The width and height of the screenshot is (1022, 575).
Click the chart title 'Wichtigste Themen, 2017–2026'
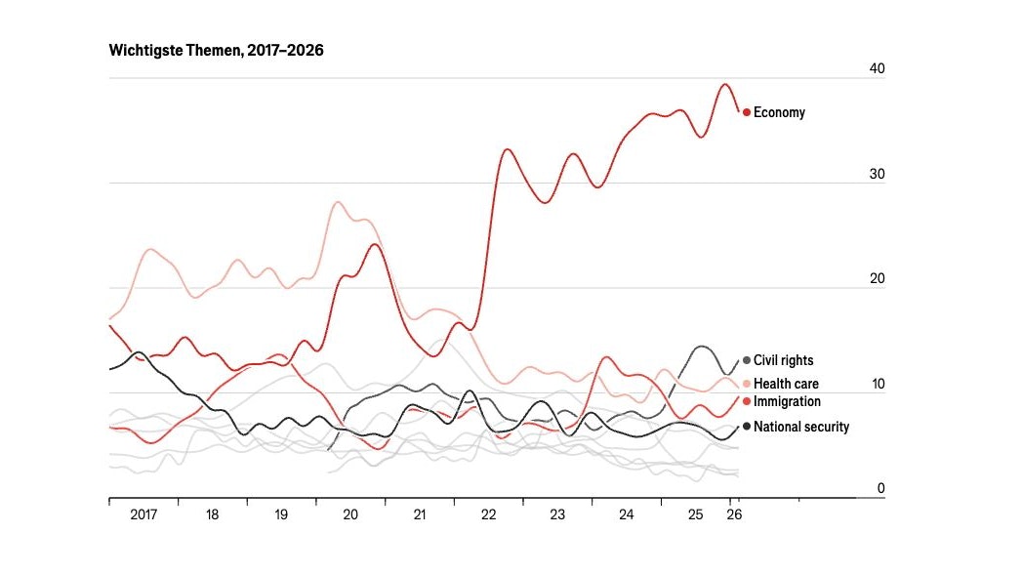point(216,51)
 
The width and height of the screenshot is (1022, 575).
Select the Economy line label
point(779,112)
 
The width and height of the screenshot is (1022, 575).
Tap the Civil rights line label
point(783,360)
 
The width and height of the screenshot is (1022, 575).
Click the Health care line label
point(786,384)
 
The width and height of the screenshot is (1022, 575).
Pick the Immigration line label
point(787,401)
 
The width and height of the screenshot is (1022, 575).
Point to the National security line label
point(800,427)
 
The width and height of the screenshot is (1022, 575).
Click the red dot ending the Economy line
point(747,112)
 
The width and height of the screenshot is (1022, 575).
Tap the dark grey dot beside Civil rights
point(747,360)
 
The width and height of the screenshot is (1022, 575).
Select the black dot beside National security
point(747,427)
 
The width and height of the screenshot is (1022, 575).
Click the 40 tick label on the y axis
point(877,69)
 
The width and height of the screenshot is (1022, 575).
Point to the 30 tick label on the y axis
point(877,175)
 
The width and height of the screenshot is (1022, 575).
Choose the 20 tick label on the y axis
point(877,280)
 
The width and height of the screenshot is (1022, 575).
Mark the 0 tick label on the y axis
point(879,488)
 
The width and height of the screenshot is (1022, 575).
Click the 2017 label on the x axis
point(143,513)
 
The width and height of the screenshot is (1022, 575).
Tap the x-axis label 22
point(489,513)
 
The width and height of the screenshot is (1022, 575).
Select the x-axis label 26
point(735,513)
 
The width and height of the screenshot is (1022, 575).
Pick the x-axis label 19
point(281,513)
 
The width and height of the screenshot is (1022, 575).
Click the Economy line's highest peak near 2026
point(724,84)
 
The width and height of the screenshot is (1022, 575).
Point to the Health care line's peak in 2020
point(337,202)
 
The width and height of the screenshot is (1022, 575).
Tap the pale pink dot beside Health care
point(747,384)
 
